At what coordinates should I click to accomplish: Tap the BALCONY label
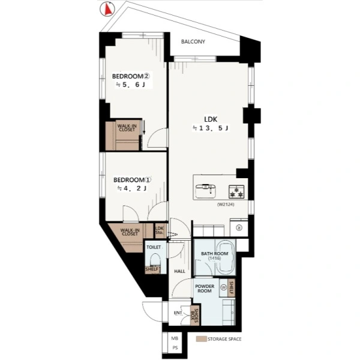193,41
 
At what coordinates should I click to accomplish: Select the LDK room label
211,119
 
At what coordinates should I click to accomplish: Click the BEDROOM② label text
131,76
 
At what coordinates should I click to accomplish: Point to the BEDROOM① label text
132,180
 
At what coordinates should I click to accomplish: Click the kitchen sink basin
205,191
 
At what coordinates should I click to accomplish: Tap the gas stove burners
236,192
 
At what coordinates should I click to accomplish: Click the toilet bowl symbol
155,260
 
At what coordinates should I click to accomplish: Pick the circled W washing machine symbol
223,287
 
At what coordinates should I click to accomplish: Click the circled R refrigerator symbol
239,227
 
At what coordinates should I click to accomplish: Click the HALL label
179,271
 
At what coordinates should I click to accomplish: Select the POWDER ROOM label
205,289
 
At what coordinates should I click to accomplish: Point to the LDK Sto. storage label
160,230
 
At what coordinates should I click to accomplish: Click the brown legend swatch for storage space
201,339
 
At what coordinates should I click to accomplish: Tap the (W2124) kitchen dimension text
226,205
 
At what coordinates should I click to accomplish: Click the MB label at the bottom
175,338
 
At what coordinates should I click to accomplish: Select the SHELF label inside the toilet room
152,269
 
